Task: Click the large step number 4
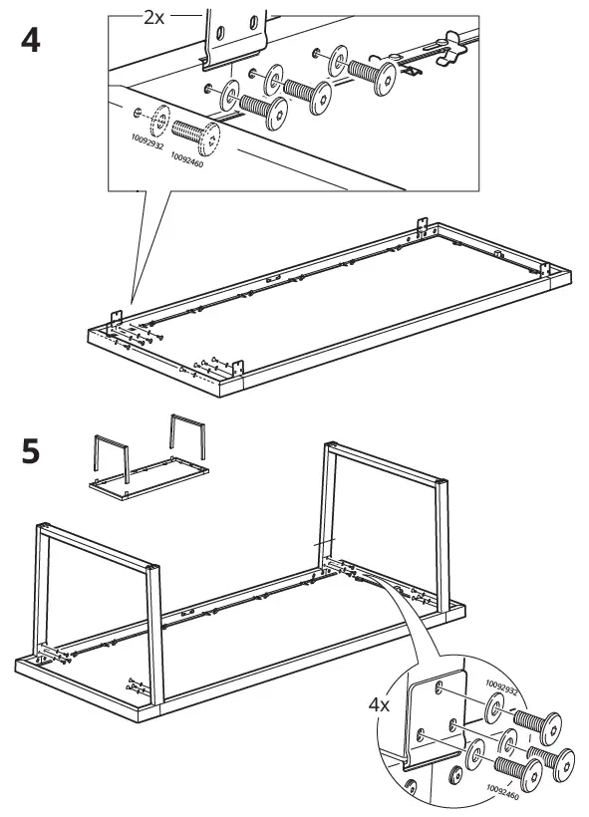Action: tap(31, 41)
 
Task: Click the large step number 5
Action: tap(31, 451)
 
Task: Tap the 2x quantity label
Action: tap(153, 18)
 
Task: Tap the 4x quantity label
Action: tap(379, 705)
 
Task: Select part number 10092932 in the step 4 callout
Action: tap(147, 141)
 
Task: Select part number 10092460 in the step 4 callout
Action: tap(186, 159)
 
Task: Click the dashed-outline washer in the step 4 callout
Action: tap(160, 121)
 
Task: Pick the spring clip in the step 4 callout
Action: tap(451, 48)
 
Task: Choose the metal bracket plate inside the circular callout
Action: tap(435, 719)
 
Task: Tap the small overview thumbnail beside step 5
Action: tap(149, 457)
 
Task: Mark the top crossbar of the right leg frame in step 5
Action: tap(386, 462)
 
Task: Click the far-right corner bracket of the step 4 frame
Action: tap(545, 269)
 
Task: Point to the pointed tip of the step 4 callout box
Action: tap(132, 303)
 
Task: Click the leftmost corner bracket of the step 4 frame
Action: tap(116, 319)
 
